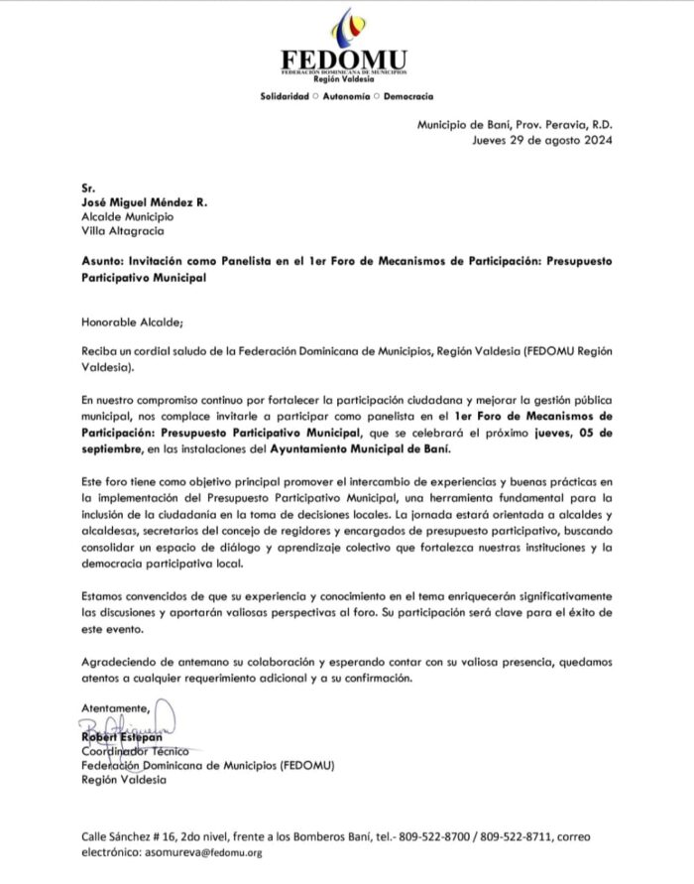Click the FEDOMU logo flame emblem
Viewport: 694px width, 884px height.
click(x=345, y=27)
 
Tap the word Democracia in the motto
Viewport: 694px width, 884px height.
click(x=406, y=96)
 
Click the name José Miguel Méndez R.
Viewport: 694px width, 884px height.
click(x=145, y=201)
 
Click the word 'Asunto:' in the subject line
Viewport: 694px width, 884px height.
click(x=104, y=261)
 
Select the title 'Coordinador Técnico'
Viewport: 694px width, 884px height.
click(x=135, y=752)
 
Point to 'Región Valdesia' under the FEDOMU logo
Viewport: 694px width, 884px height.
click(x=345, y=79)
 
